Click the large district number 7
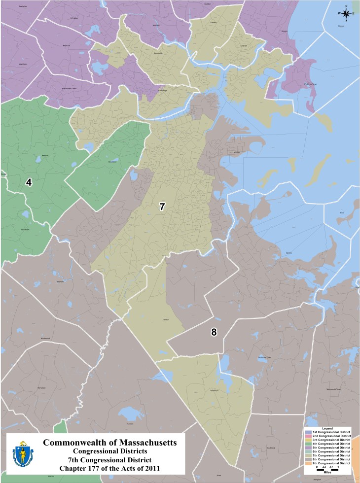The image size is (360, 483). point(161,207)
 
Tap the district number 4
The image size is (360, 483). point(29,182)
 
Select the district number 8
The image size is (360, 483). point(214,332)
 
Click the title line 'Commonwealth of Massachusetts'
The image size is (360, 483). point(110,442)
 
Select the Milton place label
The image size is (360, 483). point(166,319)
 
